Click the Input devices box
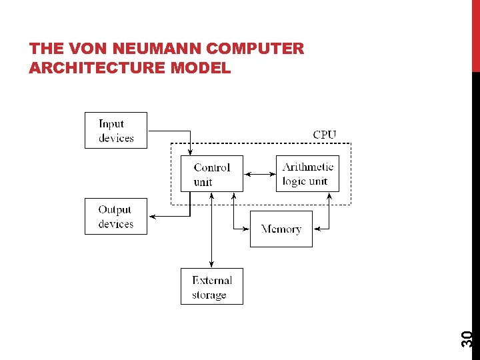[116, 131]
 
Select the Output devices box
[116, 217]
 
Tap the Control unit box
[212, 174]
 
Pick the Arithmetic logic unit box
[307, 174]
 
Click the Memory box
[281, 229]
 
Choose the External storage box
[212, 287]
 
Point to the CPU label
[325, 135]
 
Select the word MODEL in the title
[203, 67]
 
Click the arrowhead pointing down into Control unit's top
[191, 153]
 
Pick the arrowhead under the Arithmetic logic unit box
[330, 195]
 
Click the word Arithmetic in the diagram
[308, 167]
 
